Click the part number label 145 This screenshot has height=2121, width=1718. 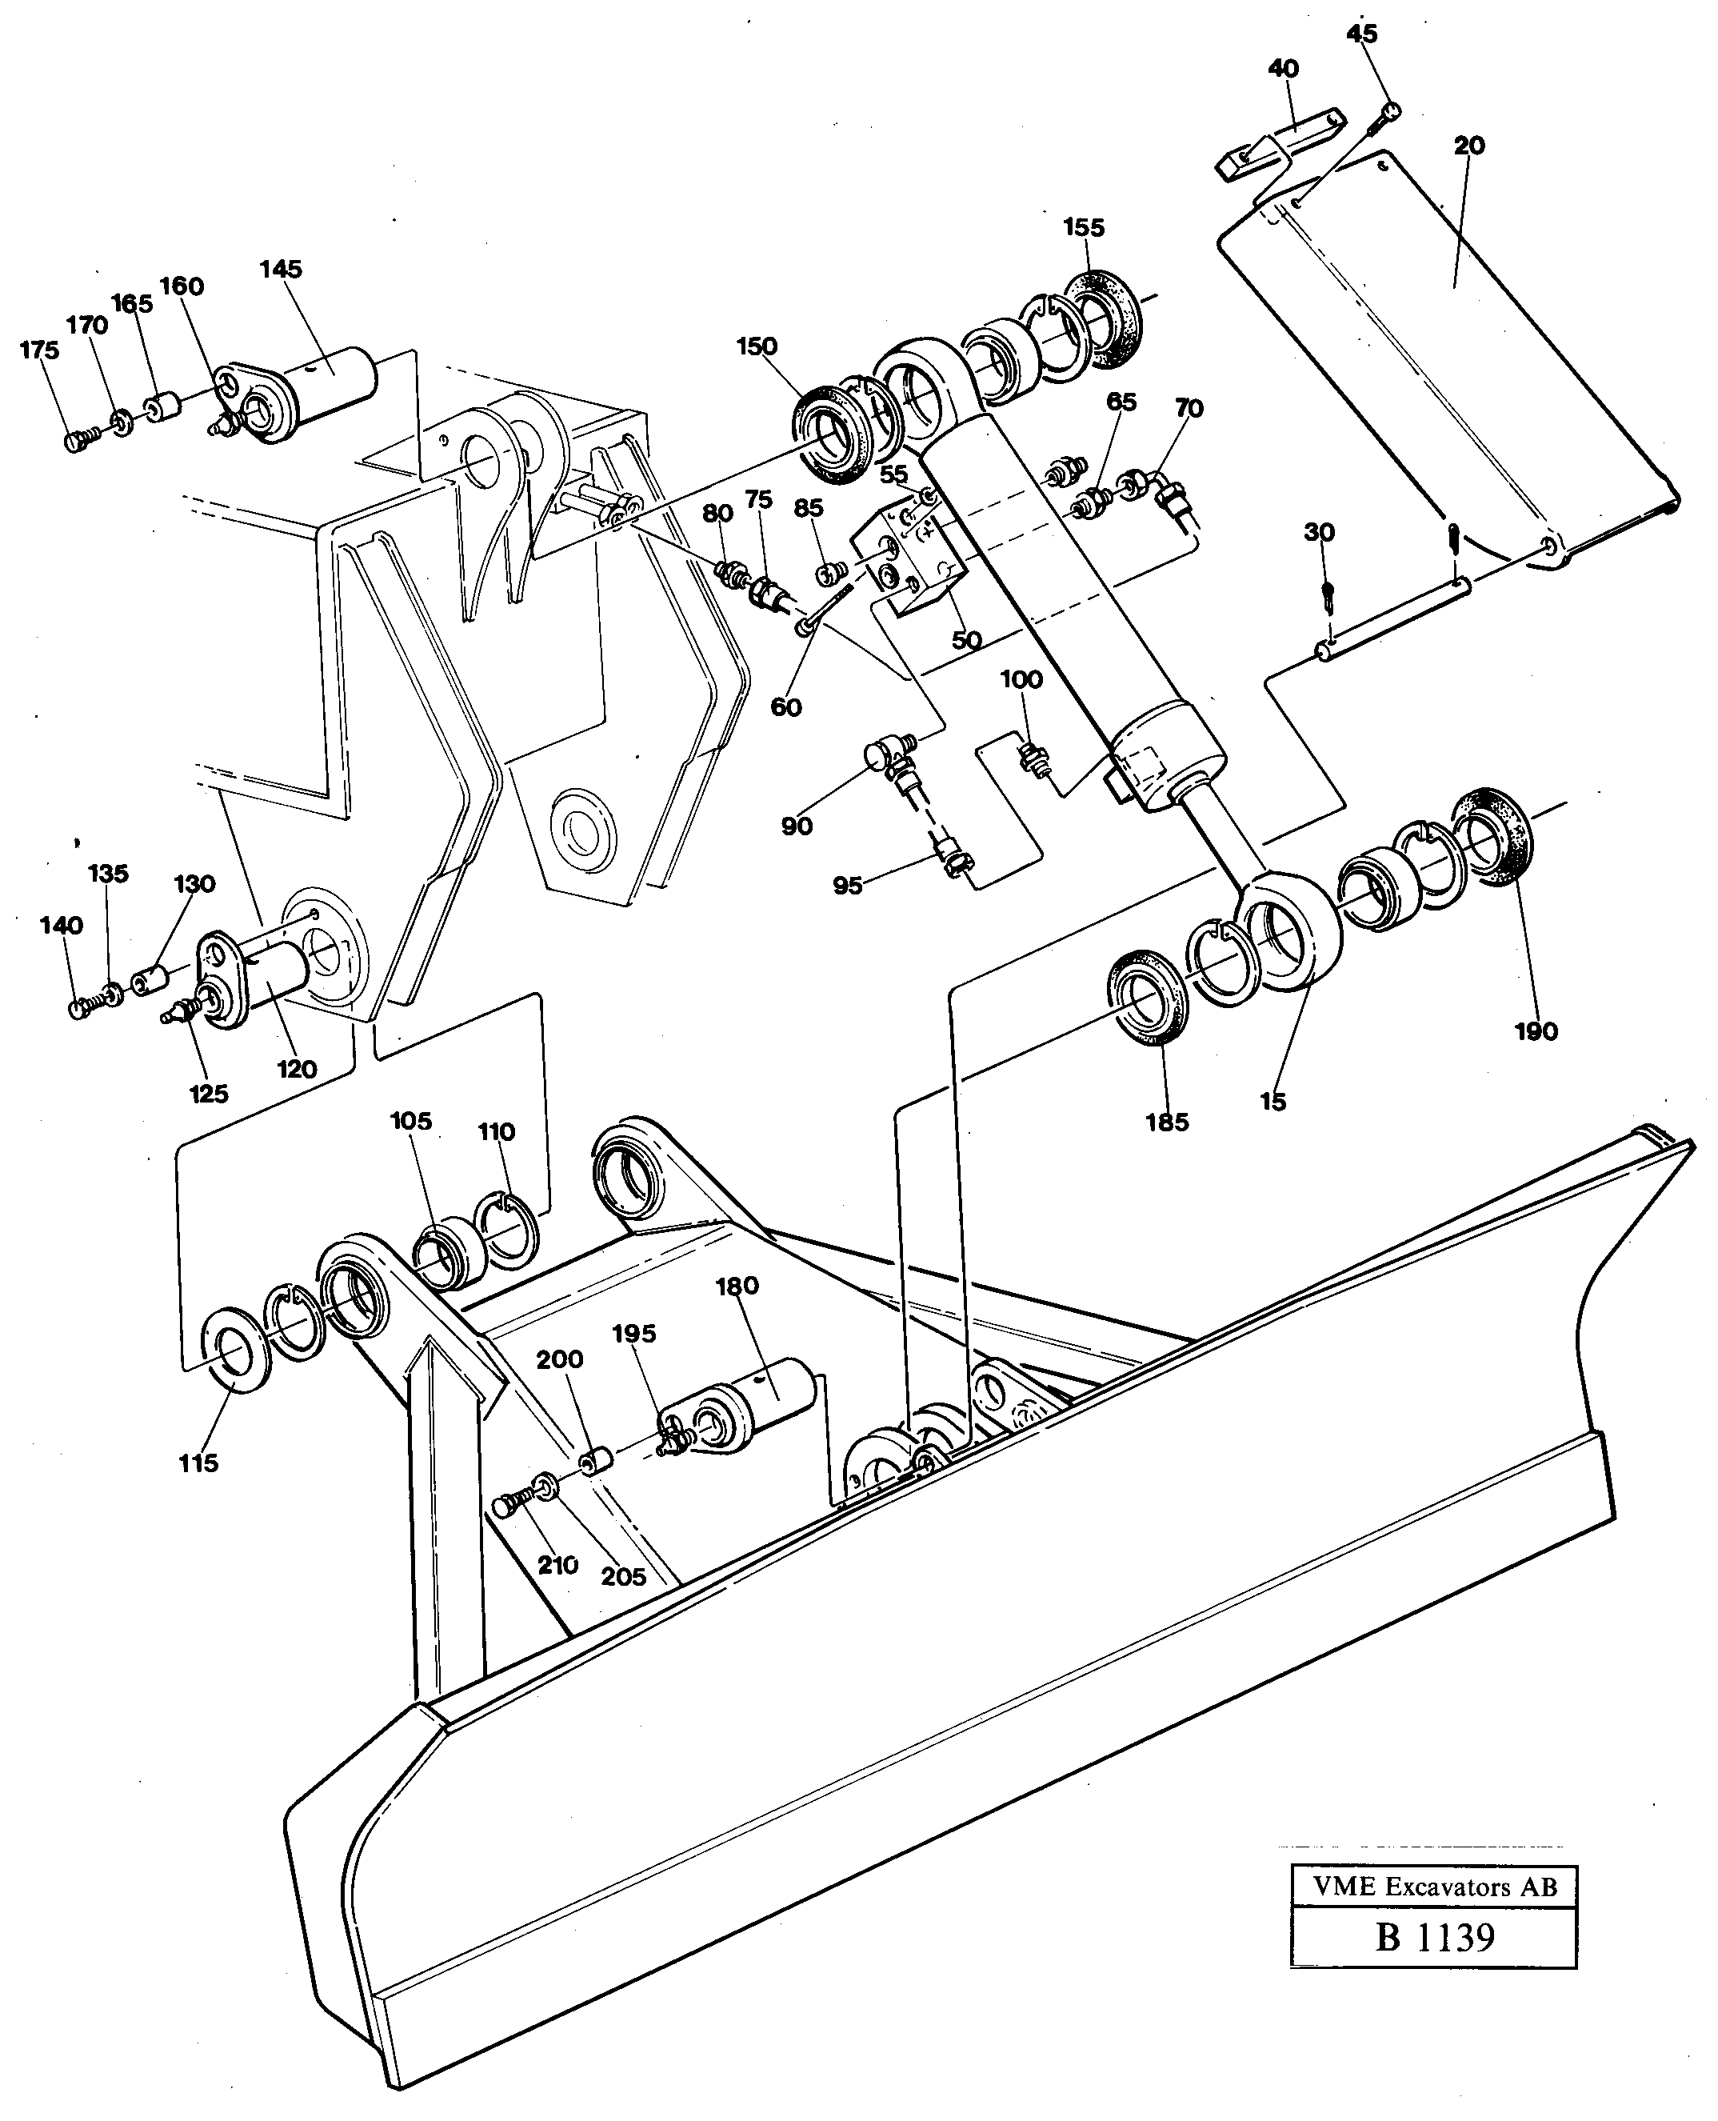tap(281, 269)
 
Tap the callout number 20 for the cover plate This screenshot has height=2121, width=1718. tap(1468, 146)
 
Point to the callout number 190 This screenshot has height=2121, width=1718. tap(1535, 1031)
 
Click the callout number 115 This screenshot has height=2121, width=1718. tap(198, 1463)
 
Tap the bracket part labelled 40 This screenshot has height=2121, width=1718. tap(1277, 143)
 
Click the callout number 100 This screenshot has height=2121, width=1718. tap(1021, 680)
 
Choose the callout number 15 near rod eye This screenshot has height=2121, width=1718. tap(1273, 1101)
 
